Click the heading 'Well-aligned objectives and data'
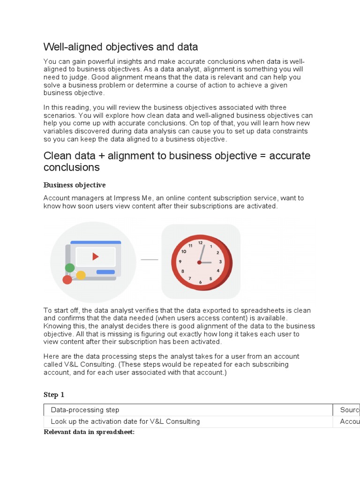click(x=120, y=47)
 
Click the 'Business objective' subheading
click(x=75, y=185)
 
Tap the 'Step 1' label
click(x=54, y=395)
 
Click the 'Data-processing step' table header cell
click(x=85, y=410)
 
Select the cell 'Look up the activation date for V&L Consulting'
click(x=125, y=421)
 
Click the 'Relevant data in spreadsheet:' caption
click(x=89, y=432)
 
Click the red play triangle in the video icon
click(x=96, y=256)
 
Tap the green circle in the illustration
click(x=70, y=268)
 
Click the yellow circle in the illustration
click(x=81, y=275)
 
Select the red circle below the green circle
click(x=67, y=280)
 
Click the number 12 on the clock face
click(x=201, y=243)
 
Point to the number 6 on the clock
click(x=200, y=282)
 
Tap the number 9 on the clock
click(x=180, y=262)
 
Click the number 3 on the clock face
click(x=220, y=262)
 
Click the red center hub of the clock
click(x=200, y=262)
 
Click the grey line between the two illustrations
click(x=150, y=259)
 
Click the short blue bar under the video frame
click(x=105, y=272)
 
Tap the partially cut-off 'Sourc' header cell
click(x=349, y=410)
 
